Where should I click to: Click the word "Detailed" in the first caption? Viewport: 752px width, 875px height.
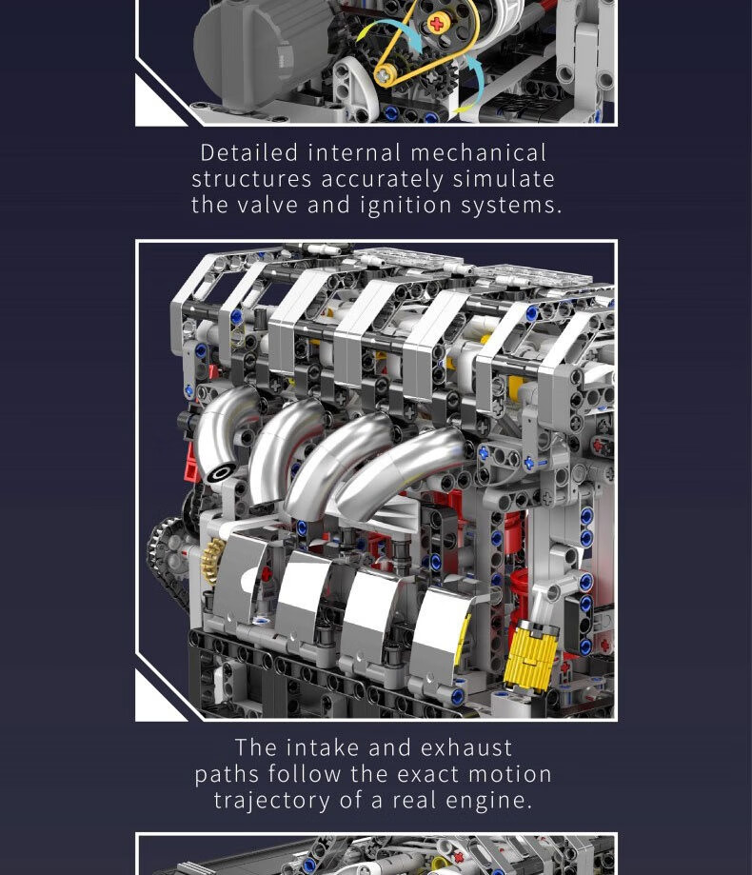[x=249, y=153]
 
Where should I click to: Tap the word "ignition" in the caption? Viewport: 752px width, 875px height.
[x=406, y=206]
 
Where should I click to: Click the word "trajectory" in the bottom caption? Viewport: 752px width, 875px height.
[x=271, y=801]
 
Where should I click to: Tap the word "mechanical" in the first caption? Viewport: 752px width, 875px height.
[x=478, y=153]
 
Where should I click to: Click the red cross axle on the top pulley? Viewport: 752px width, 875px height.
[x=437, y=24]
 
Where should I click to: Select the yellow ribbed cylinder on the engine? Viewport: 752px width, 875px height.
[x=530, y=654]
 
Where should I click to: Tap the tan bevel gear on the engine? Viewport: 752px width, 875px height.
[x=211, y=560]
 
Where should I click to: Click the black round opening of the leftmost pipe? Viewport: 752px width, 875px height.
[x=222, y=473]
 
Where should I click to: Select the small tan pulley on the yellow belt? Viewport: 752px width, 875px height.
[x=385, y=73]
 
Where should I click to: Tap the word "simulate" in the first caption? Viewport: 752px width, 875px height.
[x=504, y=179]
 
